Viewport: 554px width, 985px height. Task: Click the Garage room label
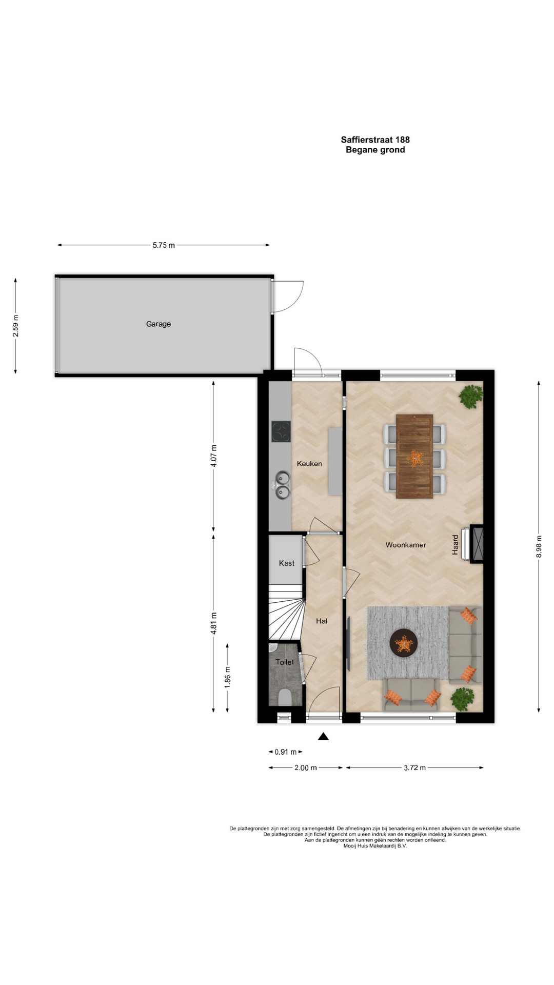click(x=159, y=324)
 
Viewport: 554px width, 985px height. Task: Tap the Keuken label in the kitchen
click(x=309, y=464)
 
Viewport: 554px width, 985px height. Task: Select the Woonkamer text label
click(x=406, y=545)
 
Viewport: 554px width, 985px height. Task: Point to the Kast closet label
click(x=287, y=563)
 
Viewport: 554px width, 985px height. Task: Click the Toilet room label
click(x=285, y=662)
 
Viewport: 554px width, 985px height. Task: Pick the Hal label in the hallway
click(x=322, y=621)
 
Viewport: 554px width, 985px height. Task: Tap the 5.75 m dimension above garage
click(x=164, y=245)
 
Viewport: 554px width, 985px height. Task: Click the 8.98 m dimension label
click(x=539, y=546)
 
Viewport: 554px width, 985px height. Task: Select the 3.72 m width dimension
click(x=414, y=768)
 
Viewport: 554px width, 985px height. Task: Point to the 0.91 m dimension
click(x=286, y=752)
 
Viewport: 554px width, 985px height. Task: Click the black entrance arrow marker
click(x=323, y=736)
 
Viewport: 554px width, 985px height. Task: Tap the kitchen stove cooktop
click(x=281, y=431)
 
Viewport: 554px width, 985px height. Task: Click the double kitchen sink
click(x=282, y=485)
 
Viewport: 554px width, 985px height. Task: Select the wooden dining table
click(x=414, y=457)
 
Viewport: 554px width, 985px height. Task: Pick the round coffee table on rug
click(x=403, y=643)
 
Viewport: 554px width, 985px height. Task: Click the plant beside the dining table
click(x=471, y=396)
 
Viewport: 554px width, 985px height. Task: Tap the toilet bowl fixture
click(x=285, y=698)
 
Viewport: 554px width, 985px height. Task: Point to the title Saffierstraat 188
click(x=375, y=140)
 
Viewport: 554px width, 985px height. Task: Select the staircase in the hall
click(x=286, y=613)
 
